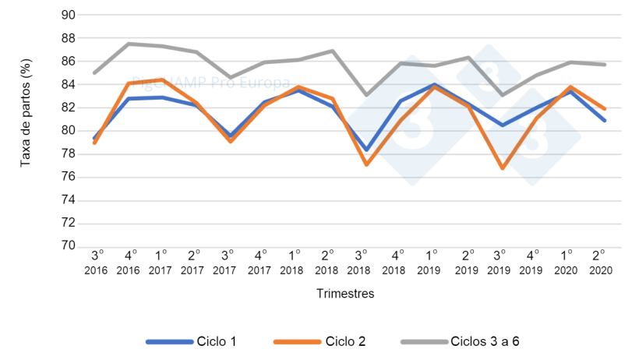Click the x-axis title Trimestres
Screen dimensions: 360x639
tap(345, 294)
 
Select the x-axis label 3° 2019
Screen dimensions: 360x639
tap(503, 262)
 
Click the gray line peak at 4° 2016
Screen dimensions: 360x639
tap(129, 44)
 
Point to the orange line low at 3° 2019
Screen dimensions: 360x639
tap(503, 168)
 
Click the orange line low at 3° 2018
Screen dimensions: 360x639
tap(366, 164)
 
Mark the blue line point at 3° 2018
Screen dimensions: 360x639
tap(366, 150)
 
